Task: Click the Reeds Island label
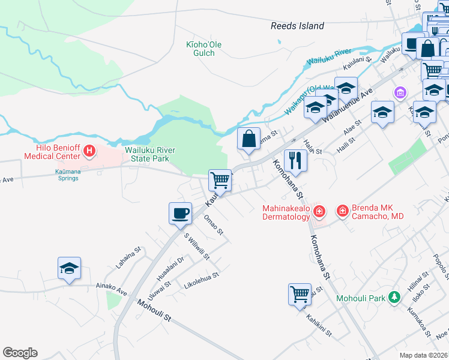pos(297,26)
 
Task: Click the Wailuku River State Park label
pos(146,154)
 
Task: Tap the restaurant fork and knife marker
pos(295,160)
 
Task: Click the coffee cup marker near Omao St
pos(180,214)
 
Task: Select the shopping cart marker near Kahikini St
pos(300,295)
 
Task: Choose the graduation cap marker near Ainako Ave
pos(69,268)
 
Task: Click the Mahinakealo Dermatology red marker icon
pos(319,211)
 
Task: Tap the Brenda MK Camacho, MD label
pos(378,212)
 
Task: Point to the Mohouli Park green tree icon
pos(394,297)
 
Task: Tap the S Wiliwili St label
pos(196,247)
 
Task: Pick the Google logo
pos(20,353)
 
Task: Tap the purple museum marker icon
pos(400,93)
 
